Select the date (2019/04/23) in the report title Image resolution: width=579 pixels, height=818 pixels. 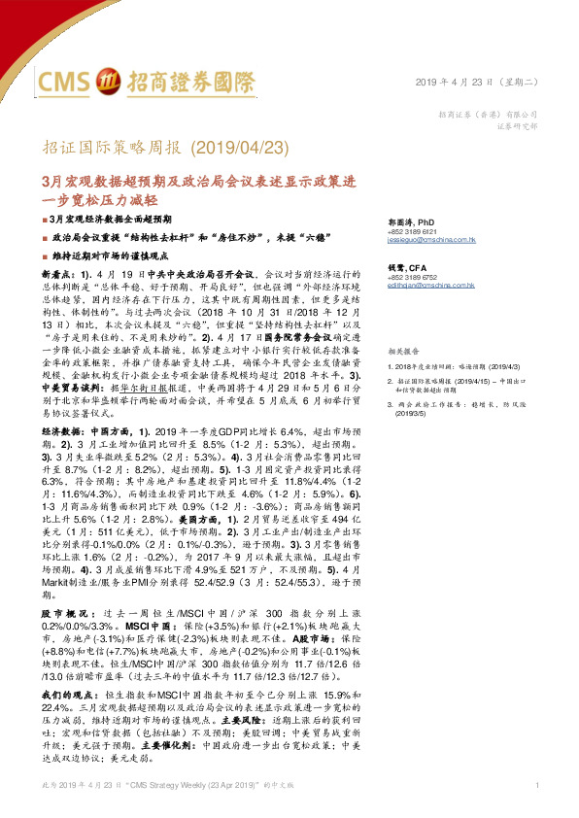click(237, 148)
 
